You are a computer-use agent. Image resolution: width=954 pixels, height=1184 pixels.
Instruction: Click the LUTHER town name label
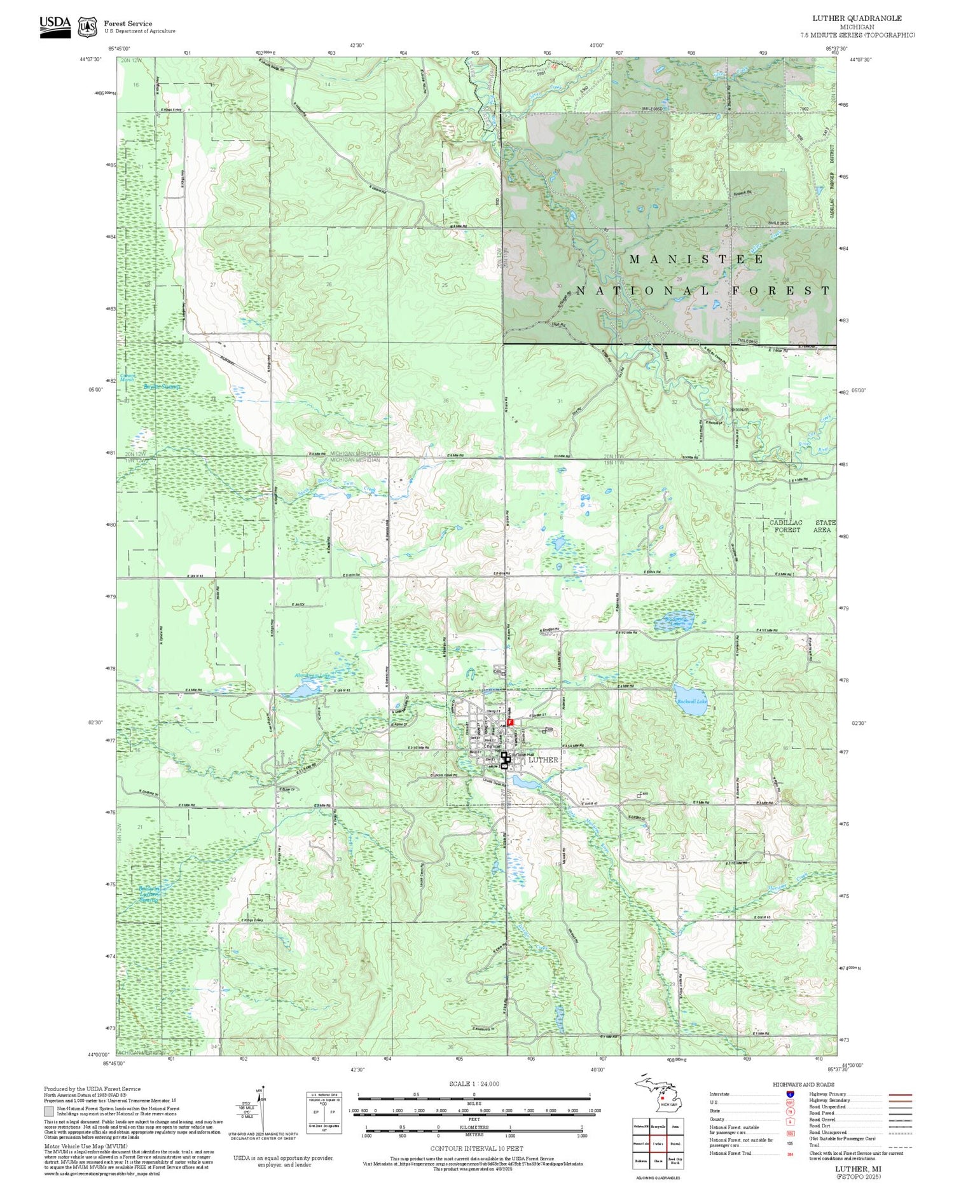[x=543, y=759]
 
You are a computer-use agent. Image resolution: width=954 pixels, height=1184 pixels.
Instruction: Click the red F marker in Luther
[x=510, y=722]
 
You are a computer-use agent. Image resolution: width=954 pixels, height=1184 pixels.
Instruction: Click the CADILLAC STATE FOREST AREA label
[x=802, y=526]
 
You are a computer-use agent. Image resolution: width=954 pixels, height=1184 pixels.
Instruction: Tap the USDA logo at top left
[x=55, y=26]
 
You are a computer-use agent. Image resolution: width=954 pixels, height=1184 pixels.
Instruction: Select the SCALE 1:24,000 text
[x=474, y=1084]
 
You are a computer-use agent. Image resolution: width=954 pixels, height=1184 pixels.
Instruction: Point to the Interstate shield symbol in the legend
[x=790, y=1094]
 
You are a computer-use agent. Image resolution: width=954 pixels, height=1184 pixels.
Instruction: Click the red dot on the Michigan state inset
[x=662, y=1098]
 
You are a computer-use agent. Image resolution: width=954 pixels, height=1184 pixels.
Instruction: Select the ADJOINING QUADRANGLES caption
[x=658, y=1178]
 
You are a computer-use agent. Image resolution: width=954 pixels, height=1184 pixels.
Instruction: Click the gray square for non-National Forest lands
[x=49, y=1111]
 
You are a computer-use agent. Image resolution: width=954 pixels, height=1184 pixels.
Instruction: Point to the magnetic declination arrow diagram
[x=259, y=1107]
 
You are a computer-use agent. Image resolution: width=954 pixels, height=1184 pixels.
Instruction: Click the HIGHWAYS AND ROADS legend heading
[x=803, y=1085]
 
